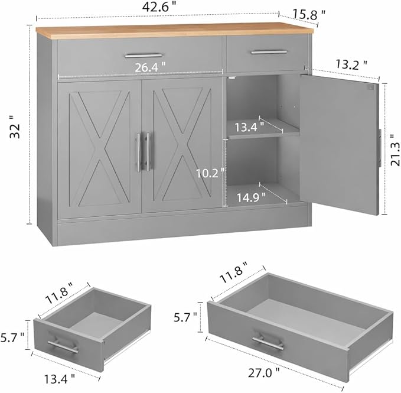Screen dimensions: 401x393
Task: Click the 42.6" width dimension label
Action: click(x=159, y=7)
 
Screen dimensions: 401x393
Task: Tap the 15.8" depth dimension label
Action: click(x=309, y=14)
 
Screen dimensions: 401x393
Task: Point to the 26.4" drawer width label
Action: click(x=150, y=67)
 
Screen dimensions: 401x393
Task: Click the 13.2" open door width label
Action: click(x=351, y=64)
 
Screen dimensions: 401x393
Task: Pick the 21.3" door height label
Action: click(x=395, y=154)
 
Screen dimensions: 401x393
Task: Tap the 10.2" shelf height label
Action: click(x=210, y=173)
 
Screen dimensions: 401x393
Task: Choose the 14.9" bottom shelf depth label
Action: click(x=251, y=197)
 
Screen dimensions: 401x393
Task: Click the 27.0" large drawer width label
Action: click(x=264, y=372)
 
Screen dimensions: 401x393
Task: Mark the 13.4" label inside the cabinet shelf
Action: click(x=249, y=127)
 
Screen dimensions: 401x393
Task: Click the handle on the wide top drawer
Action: click(x=143, y=56)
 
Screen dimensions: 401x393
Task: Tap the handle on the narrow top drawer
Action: click(x=269, y=52)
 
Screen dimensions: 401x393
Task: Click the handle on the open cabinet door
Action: click(x=380, y=148)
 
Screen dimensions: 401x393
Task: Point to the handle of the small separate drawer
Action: click(x=63, y=346)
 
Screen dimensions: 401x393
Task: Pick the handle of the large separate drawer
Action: click(x=268, y=342)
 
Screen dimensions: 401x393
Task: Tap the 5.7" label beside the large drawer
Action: click(x=185, y=317)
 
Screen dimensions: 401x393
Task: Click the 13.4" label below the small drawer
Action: click(x=60, y=379)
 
